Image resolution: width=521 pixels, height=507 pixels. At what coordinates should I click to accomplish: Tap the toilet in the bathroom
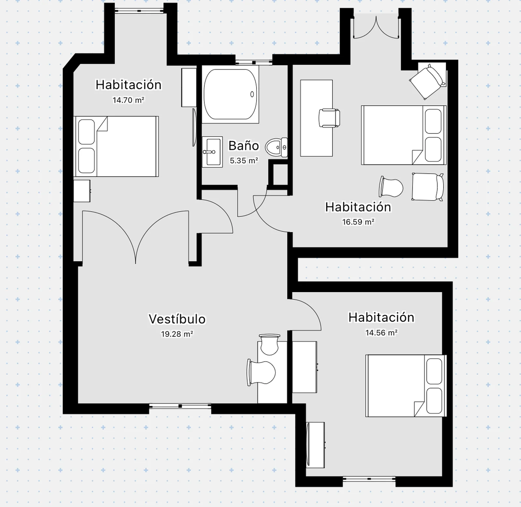[x=276, y=148]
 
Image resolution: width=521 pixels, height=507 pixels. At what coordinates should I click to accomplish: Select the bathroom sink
[x=212, y=152]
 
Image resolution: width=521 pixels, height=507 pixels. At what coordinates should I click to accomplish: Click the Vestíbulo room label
[x=177, y=319]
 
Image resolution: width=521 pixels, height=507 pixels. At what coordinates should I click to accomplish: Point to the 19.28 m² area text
[x=177, y=334]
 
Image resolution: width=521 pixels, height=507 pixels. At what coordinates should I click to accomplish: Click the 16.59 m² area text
[x=358, y=222]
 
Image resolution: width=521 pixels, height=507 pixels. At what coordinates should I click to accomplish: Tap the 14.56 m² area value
[x=381, y=333]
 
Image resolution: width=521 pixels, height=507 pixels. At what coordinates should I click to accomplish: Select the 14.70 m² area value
[x=128, y=100]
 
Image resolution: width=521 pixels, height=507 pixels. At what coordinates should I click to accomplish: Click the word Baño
[x=244, y=145]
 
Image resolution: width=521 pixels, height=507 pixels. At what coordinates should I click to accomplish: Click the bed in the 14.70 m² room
[x=116, y=146]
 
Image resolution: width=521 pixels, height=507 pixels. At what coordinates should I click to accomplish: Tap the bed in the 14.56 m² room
[x=406, y=386]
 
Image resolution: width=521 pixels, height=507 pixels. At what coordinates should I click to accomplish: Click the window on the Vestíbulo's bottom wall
[x=180, y=406]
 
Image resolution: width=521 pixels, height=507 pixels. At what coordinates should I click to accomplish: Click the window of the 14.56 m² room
[x=369, y=479]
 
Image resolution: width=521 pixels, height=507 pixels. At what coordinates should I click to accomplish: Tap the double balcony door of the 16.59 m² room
[x=376, y=28]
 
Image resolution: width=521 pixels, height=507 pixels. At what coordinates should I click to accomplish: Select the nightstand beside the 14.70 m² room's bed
[x=82, y=191]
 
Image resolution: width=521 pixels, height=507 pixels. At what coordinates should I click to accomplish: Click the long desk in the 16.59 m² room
[x=317, y=118]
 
